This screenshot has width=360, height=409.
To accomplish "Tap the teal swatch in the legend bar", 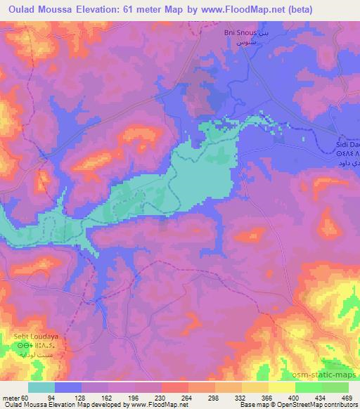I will point(41,387).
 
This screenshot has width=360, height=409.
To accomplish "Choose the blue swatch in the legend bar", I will point(68,387).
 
